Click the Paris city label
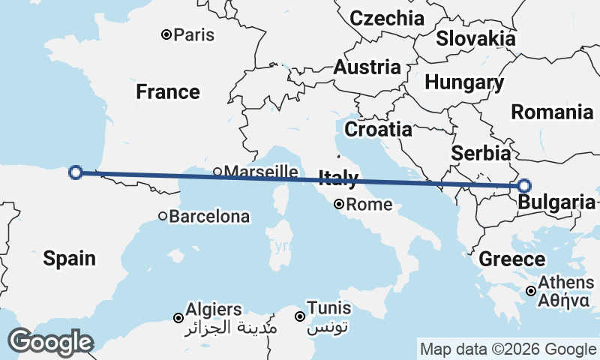(193, 34)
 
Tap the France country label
(168, 91)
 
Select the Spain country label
(69, 259)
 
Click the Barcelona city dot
(163, 216)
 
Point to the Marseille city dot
(217, 172)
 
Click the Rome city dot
(339, 204)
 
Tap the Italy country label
(338, 178)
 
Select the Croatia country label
(378, 129)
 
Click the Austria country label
(367, 67)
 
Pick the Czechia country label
(387, 18)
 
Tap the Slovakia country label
(475, 38)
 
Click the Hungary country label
(463, 82)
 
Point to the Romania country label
(552, 112)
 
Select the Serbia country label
(481, 153)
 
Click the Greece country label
(512, 259)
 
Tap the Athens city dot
(531, 291)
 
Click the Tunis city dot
(300, 316)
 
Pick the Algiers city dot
(178, 317)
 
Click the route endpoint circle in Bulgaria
(524, 186)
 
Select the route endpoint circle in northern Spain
(75, 172)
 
